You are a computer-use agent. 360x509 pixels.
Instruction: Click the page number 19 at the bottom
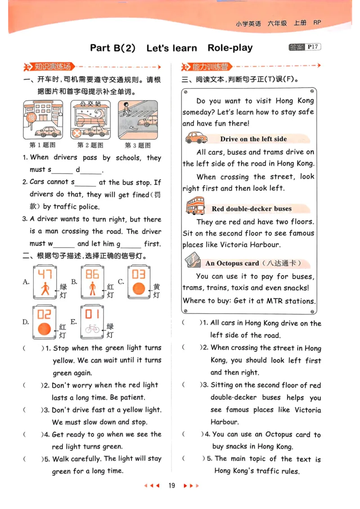[x=171, y=485]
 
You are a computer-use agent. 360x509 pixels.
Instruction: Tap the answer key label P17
[x=313, y=47]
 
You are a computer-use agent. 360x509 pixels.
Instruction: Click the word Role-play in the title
[x=230, y=48]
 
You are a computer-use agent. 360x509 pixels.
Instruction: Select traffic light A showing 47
[x=45, y=282]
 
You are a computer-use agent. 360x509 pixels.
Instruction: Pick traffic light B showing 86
[x=92, y=282]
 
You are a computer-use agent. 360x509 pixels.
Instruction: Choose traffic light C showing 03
[x=139, y=282]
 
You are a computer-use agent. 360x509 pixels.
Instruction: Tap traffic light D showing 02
[x=44, y=322]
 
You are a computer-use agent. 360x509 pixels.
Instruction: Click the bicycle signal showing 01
[x=92, y=322]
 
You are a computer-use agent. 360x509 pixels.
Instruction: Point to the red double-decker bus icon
[x=195, y=206]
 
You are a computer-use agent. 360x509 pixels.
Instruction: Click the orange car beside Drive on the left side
[x=196, y=137]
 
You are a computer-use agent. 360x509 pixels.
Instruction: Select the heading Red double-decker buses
[x=252, y=209]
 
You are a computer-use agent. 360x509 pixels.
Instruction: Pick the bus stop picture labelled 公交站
[x=90, y=120]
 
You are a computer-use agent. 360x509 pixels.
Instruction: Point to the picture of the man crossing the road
[x=138, y=120]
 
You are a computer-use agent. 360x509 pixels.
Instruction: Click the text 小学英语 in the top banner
[x=248, y=23]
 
